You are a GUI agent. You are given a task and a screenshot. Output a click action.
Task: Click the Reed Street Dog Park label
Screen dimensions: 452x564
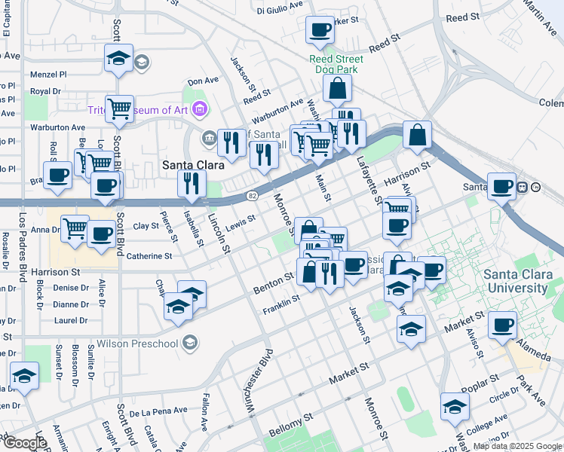point(336,64)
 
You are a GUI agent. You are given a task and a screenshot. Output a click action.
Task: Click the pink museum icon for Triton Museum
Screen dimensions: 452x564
point(200,111)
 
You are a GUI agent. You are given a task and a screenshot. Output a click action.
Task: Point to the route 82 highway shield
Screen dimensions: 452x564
point(253,196)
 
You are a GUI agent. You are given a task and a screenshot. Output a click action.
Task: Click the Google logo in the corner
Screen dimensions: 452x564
point(24,443)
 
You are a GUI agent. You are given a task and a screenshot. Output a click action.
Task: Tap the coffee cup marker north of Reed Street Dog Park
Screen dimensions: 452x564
point(320,31)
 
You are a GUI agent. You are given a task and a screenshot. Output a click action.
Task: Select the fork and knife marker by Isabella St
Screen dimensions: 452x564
point(192,184)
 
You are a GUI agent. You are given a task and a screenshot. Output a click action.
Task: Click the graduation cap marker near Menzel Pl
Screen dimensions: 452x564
point(118,60)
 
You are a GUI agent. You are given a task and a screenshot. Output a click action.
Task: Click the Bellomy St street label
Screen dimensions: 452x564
point(290,426)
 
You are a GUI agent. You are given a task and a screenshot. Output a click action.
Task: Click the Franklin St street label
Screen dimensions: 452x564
point(280,305)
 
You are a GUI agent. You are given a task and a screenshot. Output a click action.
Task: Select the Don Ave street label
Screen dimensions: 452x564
point(203,81)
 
